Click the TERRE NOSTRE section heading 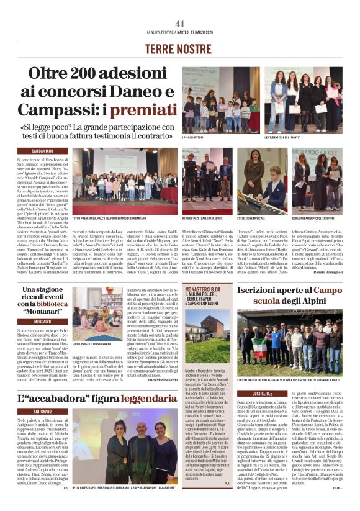[180, 48]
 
